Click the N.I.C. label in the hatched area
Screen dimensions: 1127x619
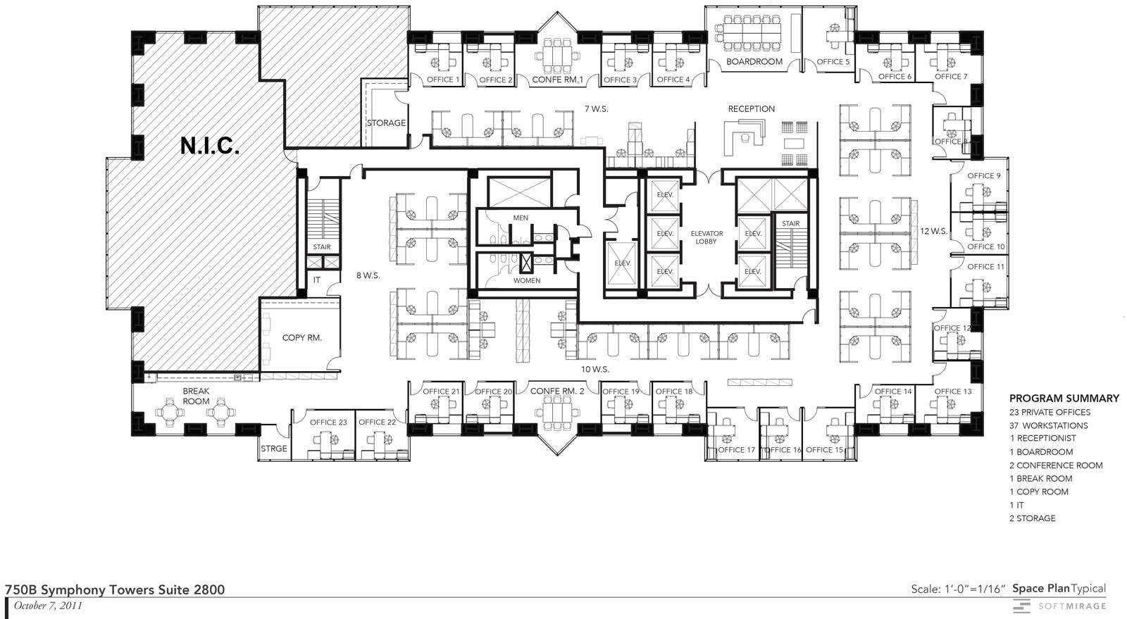[x=210, y=146]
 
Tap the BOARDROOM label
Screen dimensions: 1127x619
[x=754, y=61]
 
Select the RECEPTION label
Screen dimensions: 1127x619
[x=751, y=108]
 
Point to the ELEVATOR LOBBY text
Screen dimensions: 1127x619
[x=707, y=237]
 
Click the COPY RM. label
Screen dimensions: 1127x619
[x=302, y=337]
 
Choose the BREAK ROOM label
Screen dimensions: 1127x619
[x=196, y=396]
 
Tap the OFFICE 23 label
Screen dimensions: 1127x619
[x=328, y=423]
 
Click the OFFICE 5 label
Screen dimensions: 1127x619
[x=833, y=62]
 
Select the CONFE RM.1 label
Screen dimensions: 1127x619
[x=557, y=80]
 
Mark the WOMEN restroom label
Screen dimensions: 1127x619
[x=527, y=280]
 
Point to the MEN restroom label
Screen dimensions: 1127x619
[x=521, y=218]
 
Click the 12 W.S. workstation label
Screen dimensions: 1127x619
[x=934, y=231]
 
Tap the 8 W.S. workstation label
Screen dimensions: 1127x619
[x=368, y=275]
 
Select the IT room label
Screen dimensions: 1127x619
[x=316, y=280]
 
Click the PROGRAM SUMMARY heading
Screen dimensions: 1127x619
[x=1064, y=399]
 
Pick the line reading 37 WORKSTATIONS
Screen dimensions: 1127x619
[x=1049, y=425]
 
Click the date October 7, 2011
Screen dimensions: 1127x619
[x=48, y=606]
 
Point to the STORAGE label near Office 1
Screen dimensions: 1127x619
[x=386, y=123]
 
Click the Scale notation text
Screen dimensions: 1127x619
[x=958, y=589]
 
